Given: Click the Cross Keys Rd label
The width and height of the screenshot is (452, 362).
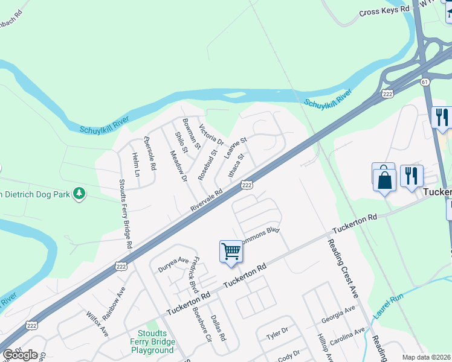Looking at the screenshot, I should pyautogui.click(x=384, y=11).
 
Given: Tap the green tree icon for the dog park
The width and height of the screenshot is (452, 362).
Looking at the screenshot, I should pyautogui.click(x=79, y=193).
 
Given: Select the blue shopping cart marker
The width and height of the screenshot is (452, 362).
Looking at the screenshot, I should pyautogui.click(x=231, y=251).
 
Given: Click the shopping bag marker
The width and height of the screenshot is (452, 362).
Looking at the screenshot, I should pyautogui.click(x=384, y=179).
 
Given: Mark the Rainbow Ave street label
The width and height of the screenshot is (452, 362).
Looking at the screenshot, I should pyautogui.click(x=114, y=303).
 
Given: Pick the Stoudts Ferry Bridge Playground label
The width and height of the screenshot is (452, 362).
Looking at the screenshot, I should pyautogui.click(x=152, y=341).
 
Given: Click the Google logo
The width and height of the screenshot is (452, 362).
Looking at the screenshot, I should pyautogui.click(x=20, y=355).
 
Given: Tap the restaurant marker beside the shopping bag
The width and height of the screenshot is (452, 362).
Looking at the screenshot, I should pyautogui.click(x=412, y=176).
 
